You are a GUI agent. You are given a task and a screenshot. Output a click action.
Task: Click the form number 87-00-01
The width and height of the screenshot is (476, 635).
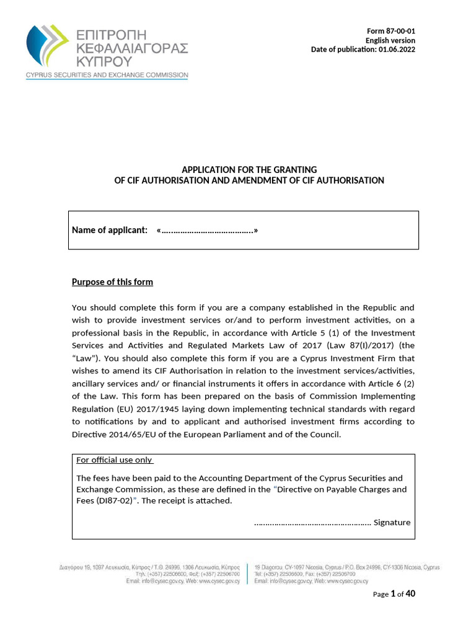click(x=396, y=31)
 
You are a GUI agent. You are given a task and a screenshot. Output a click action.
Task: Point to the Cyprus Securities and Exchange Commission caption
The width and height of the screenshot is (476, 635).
click(x=106, y=75)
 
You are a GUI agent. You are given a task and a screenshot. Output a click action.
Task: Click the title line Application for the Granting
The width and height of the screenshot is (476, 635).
click(x=249, y=169)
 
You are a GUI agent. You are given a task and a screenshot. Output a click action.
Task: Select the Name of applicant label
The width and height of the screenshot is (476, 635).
click(x=110, y=231)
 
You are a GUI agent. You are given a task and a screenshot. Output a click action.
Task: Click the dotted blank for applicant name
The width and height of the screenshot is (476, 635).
click(x=207, y=231)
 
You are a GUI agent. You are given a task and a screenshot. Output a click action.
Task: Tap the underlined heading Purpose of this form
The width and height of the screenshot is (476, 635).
click(x=112, y=282)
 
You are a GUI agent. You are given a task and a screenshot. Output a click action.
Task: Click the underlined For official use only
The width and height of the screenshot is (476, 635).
click(x=114, y=460)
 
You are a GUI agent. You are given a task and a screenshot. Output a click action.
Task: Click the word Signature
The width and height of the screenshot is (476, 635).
click(x=392, y=522)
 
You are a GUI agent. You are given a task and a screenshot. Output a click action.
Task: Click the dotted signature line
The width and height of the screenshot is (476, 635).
click(x=312, y=522)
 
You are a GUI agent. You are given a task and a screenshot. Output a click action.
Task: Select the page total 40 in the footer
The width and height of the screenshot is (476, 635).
click(x=410, y=593)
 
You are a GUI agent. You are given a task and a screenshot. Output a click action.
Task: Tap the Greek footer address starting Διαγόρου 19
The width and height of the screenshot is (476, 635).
click(x=149, y=567)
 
